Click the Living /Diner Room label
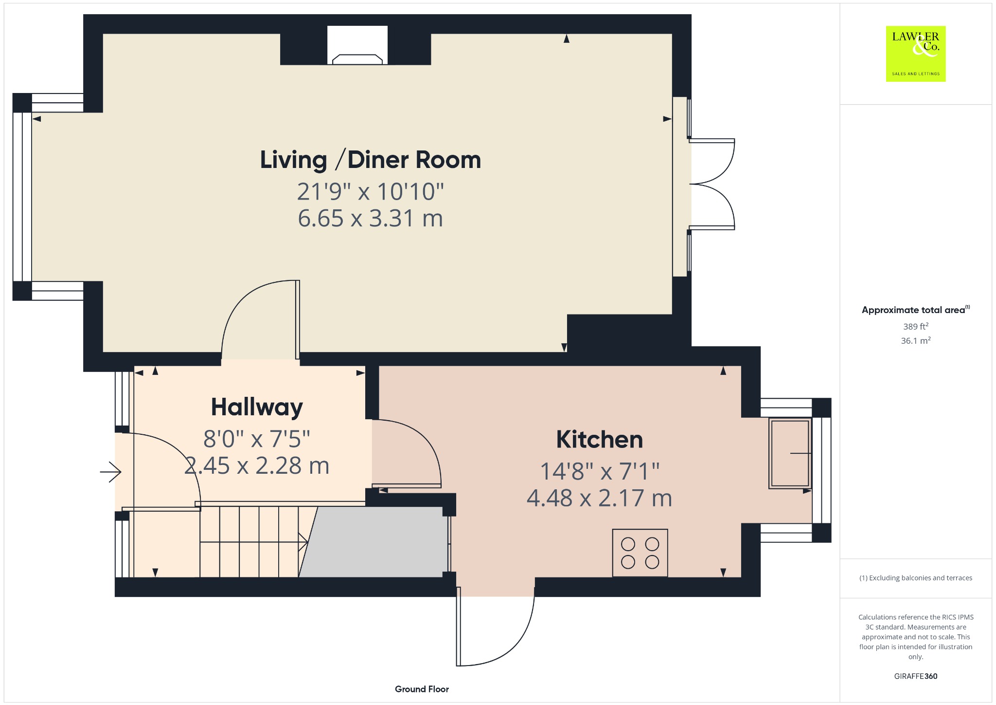tap(371, 160)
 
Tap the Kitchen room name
tap(600, 440)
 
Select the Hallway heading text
tap(257, 408)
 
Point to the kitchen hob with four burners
tap(640, 553)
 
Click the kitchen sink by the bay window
tap(790, 453)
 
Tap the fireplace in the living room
tap(357, 45)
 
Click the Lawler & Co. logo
tap(916, 54)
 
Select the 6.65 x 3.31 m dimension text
tap(371, 218)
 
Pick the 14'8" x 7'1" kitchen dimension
tap(600, 471)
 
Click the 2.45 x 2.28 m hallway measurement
tap(257, 466)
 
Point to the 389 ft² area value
tap(916, 326)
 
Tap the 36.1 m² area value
tap(916, 340)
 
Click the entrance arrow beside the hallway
tap(110, 472)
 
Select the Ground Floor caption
tap(422, 689)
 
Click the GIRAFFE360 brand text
tap(916, 676)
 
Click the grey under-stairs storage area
tap(373, 542)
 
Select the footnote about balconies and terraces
tap(916, 578)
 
